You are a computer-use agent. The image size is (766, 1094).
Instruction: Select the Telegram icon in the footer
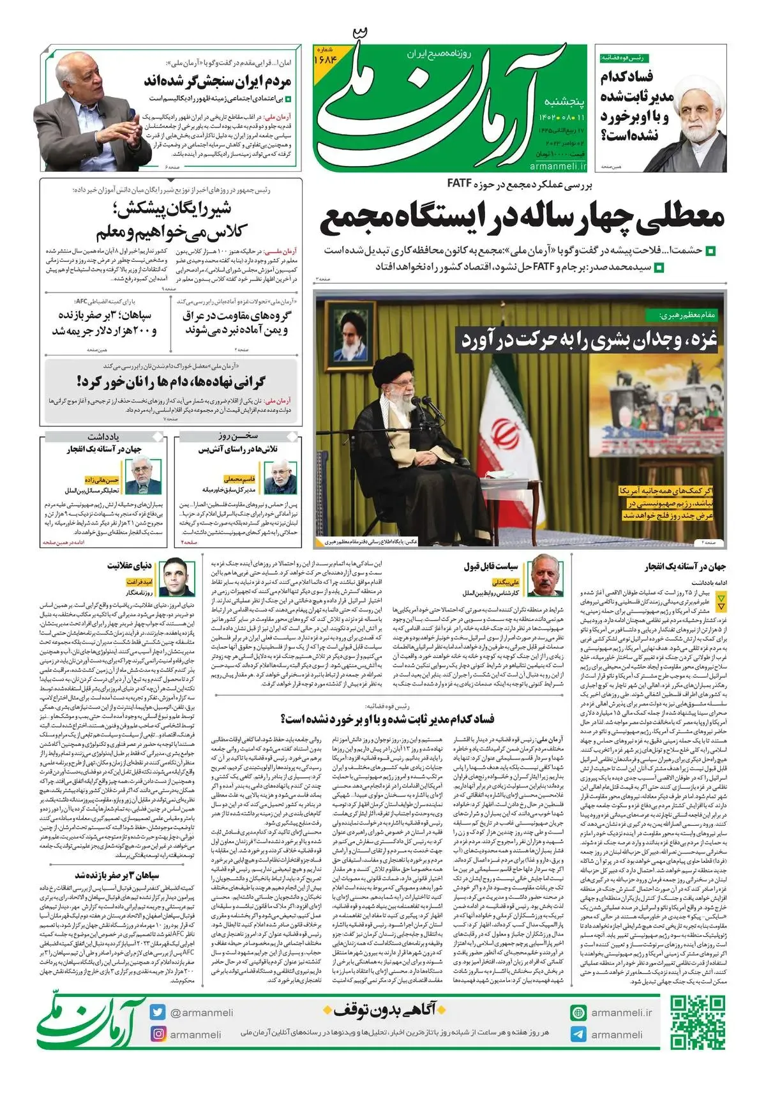[578, 1035]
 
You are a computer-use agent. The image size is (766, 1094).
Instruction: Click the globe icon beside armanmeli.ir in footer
[578, 1013]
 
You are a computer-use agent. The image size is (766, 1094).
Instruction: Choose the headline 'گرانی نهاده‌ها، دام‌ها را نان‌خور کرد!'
[170, 383]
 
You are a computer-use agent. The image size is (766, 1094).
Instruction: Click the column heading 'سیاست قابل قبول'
[490, 566]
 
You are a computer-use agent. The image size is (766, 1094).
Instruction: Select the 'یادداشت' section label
[103, 436]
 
